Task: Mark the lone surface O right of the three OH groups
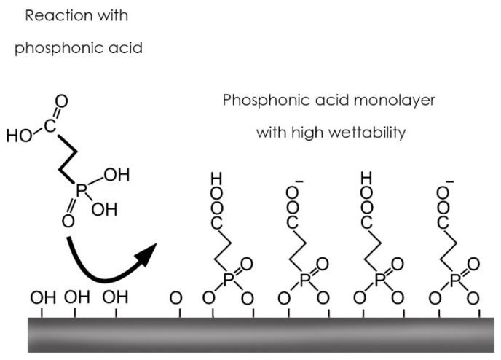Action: (174, 297)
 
